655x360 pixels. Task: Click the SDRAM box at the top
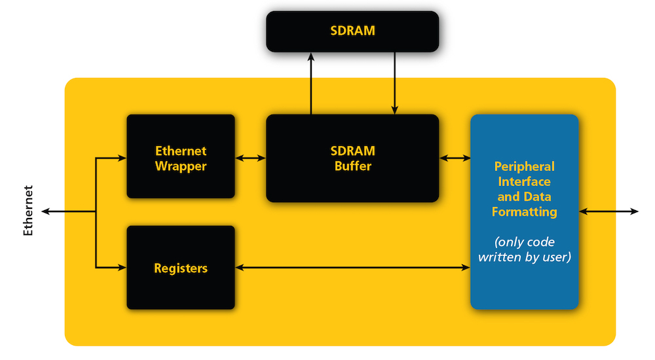click(352, 31)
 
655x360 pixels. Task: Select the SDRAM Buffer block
click(352, 158)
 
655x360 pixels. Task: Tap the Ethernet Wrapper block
click(180, 158)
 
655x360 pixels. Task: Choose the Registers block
click(180, 268)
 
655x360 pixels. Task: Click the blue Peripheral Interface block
click(524, 211)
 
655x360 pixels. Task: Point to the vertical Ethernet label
click(28, 211)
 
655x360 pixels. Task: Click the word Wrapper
click(181, 166)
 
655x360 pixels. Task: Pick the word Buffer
click(353, 166)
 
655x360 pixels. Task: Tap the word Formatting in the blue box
click(525, 212)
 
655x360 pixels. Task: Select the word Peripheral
click(525, 166)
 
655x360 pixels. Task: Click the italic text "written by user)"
click(525, 257)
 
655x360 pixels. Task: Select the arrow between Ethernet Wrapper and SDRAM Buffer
click(250, 158)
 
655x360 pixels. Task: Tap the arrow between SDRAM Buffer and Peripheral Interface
click(455, 158)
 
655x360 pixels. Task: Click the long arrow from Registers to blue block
click(352, 268)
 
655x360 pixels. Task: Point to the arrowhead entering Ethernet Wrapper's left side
click(122, 158)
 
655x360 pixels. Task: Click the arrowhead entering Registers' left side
click(122, 268)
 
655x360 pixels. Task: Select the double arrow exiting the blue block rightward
click(608, 211)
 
